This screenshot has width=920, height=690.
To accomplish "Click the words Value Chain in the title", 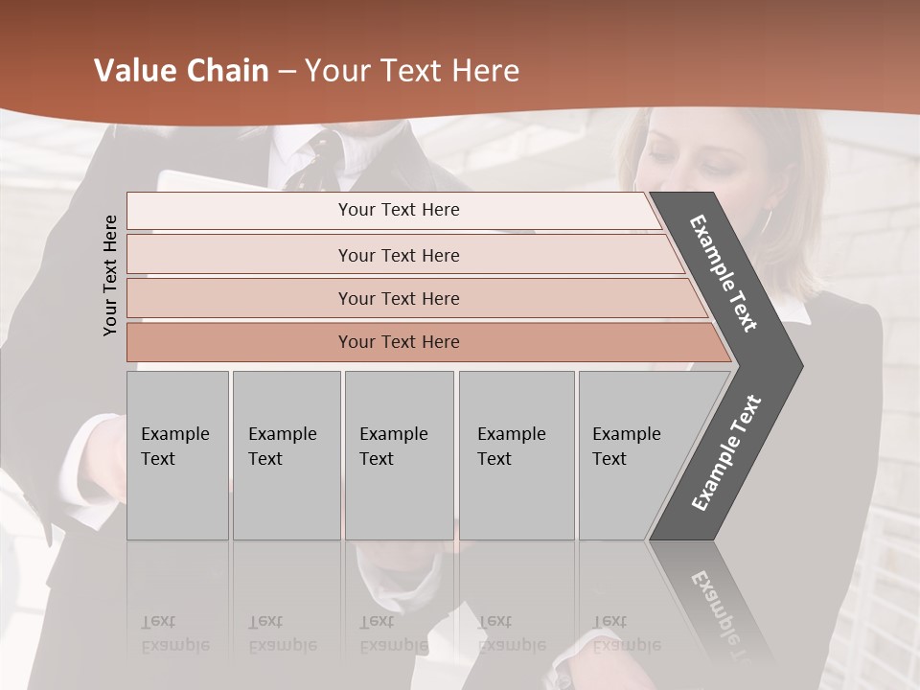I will (181, 71).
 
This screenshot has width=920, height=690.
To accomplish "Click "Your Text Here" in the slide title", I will (411, 71).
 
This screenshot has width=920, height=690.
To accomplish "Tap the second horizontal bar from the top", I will (399, 255).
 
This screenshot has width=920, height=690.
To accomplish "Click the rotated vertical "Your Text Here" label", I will (110, 275).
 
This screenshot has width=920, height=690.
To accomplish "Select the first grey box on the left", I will (177, 455).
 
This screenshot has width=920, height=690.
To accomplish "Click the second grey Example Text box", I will (286, 455).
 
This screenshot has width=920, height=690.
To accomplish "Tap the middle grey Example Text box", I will (399, 455).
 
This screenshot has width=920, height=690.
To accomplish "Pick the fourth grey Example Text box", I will (516, 455).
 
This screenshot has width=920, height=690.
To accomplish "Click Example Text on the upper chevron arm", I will (724, 273).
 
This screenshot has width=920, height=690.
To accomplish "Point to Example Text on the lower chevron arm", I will (726, 453).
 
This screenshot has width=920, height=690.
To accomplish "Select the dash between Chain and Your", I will (287, 72).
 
